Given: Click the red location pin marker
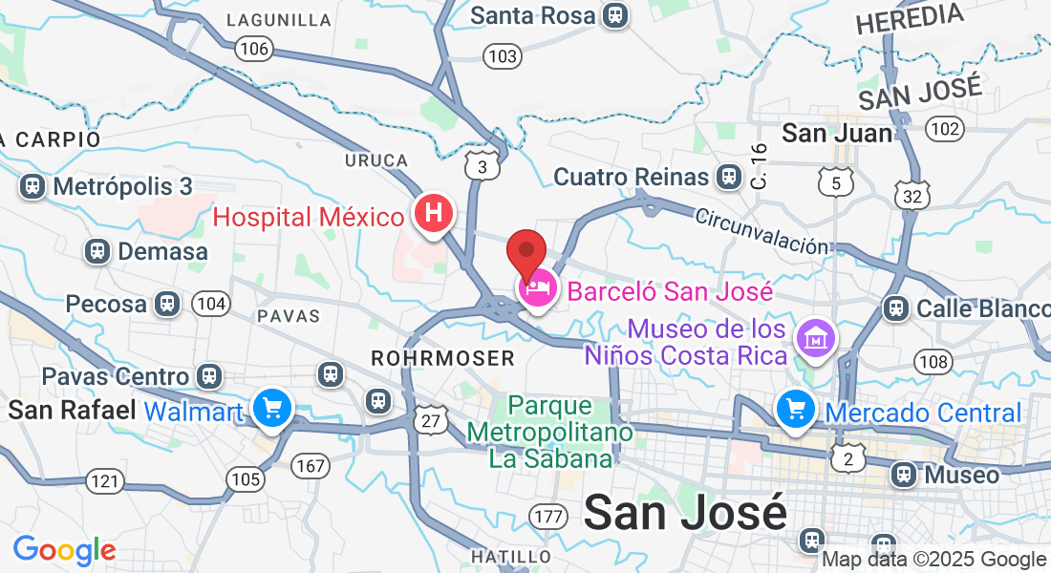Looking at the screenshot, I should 525,254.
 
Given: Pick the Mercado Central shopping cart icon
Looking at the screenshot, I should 795,410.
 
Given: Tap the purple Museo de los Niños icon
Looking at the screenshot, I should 819,337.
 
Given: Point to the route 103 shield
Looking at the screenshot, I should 503,56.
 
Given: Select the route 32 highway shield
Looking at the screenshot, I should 912,195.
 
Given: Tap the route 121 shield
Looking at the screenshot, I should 104,480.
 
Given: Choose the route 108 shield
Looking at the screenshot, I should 933,361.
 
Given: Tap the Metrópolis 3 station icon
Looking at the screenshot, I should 33,185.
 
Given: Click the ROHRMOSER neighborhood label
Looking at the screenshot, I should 442,358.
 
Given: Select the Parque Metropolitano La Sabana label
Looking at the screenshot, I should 549,432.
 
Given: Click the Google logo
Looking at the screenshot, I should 64,550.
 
